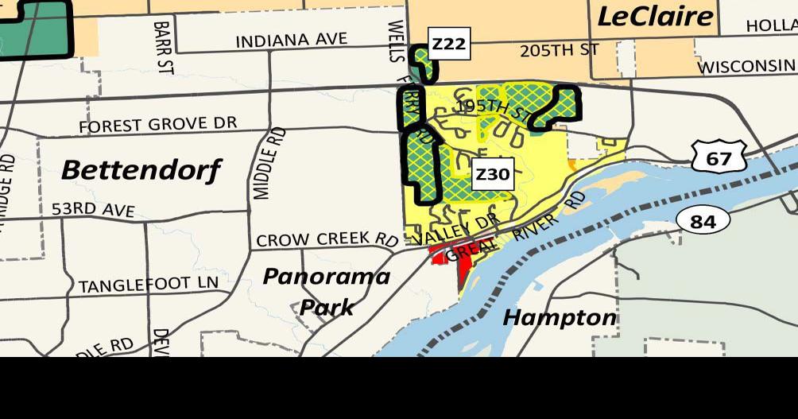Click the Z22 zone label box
click(448, 45)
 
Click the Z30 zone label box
click(491, 174)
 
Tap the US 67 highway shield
click(718, 157)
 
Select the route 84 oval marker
click(703, 220)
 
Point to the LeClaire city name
click(654, 15)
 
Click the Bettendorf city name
click(141, 169)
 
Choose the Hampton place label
click(560, 318)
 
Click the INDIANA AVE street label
click(292, 40)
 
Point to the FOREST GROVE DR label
click(157, 125)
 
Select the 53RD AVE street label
click(93, 210)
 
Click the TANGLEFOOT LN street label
click(148, 284)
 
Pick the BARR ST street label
click(164, 48)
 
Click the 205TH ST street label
click(559, 50)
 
